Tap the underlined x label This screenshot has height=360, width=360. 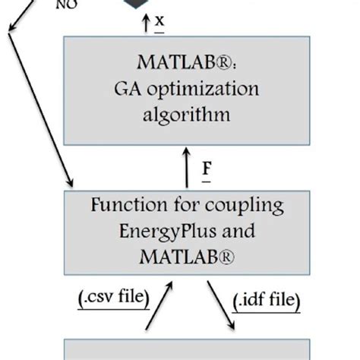[159, 22]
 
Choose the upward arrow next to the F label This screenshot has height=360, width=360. [186, 167]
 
